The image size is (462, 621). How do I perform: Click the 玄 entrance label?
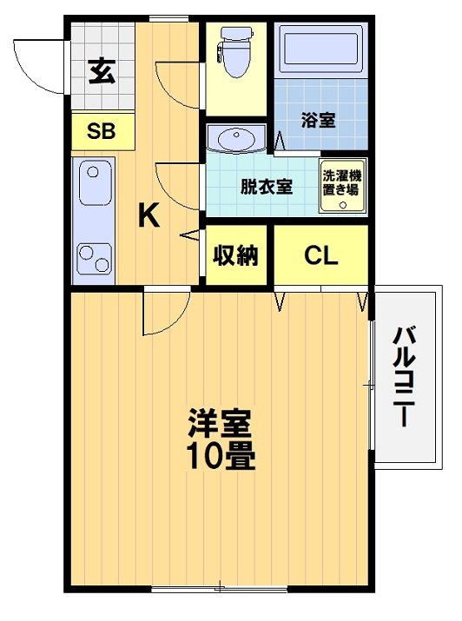click(x=101, y=69)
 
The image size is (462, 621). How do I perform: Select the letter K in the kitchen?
click(x=149, y=215)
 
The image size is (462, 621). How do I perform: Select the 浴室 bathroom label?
click(x=318, y=122)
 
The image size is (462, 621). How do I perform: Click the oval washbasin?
click(x=237, y=138)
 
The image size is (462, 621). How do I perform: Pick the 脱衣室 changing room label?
click(x=266, y=185)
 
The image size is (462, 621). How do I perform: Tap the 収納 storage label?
click(x=237, y=256)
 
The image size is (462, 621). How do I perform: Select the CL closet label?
click(x=320, y=256)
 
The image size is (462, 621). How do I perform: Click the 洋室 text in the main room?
click(x=220, y=423)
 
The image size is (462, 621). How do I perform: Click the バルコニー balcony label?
click(x=401, y=376)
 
